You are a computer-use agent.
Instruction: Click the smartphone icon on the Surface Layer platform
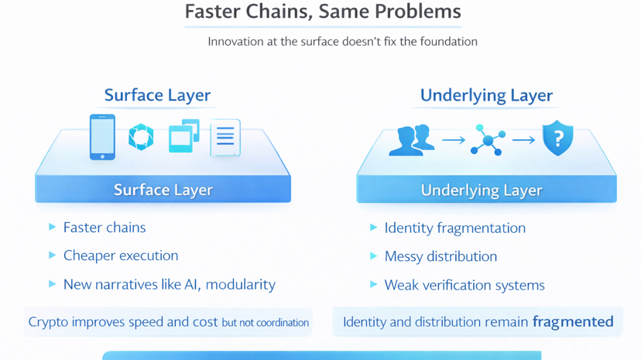point(102,137)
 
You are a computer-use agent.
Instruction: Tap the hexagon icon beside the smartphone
point(141,137)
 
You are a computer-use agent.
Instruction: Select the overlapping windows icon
point(183,136)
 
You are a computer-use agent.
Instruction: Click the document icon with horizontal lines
point(225,138)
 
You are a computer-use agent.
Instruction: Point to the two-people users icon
point(411,140)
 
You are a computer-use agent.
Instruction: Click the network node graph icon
point(488,140)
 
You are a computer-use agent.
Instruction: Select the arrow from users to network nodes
point(453,140)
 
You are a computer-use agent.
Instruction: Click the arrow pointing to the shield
point(523,140)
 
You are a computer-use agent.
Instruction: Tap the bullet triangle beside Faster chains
point(52,227)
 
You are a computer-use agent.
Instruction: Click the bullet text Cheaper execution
point(121,255)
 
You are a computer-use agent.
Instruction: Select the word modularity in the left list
point(241,284)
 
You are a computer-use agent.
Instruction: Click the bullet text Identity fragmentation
point(454,228)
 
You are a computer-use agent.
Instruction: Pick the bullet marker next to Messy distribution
point(373,255)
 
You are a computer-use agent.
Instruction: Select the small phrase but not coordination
point(265,323)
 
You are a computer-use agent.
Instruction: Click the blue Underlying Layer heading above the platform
point(486,95)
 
